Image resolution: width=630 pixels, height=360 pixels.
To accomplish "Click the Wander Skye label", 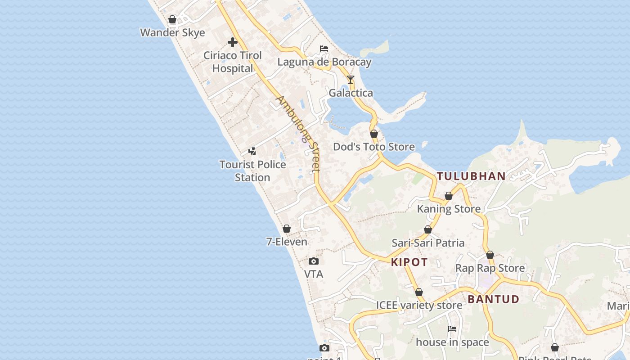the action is click(x=172, y=32).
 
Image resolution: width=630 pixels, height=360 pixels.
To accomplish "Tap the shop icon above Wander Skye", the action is click(x=172, y=19).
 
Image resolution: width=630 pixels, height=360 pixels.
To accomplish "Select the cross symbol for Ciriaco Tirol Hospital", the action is click(x=232, y=42).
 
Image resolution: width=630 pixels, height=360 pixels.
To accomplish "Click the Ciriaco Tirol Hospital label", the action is click(x=232, y=62).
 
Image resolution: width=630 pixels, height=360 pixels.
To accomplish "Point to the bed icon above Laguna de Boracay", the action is click(x=324, y=49).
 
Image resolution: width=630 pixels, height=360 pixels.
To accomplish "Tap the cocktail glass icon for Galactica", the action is click(x=351, y=80).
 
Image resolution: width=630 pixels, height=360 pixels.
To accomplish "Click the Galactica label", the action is click(x=351, y=93).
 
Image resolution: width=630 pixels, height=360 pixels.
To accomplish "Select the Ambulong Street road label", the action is click(x=298, y=134).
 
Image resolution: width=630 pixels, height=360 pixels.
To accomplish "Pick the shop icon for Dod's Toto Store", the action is click(x=374, y=134).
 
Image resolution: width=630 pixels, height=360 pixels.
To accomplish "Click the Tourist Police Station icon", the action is click(x=252, y=151).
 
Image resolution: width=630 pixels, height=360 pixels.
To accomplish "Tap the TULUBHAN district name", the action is click(x=471, y=176).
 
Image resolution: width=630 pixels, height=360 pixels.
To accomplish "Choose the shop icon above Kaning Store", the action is click(x=449, y=196).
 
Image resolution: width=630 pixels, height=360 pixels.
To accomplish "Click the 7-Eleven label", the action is click(x=287, y=242).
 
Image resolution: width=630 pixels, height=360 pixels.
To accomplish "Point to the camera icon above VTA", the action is click(x=314, y=261).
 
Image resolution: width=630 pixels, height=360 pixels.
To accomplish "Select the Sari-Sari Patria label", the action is click(x=428, y=243).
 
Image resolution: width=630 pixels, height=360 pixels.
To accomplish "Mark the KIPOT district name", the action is click(x=409, y=262).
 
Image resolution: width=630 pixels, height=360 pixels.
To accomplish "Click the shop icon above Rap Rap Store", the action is click(x=490, y=255).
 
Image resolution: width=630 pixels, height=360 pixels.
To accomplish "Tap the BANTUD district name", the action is click(x=493, y=299).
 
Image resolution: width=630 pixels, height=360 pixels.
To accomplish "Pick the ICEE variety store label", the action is click(x=419, y=305).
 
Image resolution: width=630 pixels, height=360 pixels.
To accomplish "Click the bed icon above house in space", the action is click(x=452, y=329).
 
